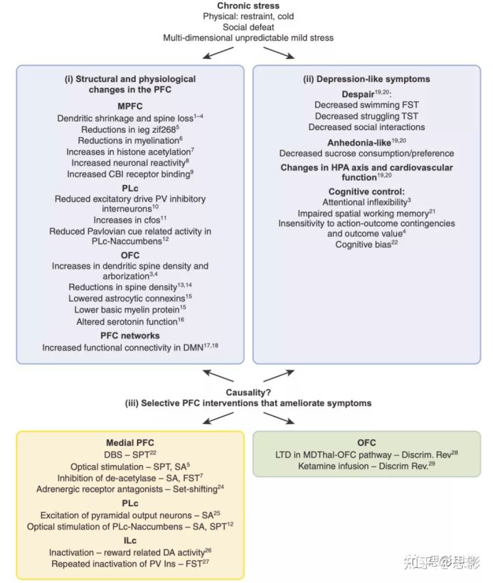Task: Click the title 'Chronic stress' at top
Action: pyautogui.click(x=249, y=6)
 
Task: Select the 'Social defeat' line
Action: pyautogui.click(x=249, y=27)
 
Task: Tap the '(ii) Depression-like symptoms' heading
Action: pyautogui.click(x=366, y=79)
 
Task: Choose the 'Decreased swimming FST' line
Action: pyautogui.click(x=366, y=105)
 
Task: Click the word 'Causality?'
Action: pyautogui.click(x=248, y=392)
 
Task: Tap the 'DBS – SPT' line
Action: pyautogui.click(x=129, y=455)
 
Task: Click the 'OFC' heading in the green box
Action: pyautogui.click(x=366, y=443)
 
